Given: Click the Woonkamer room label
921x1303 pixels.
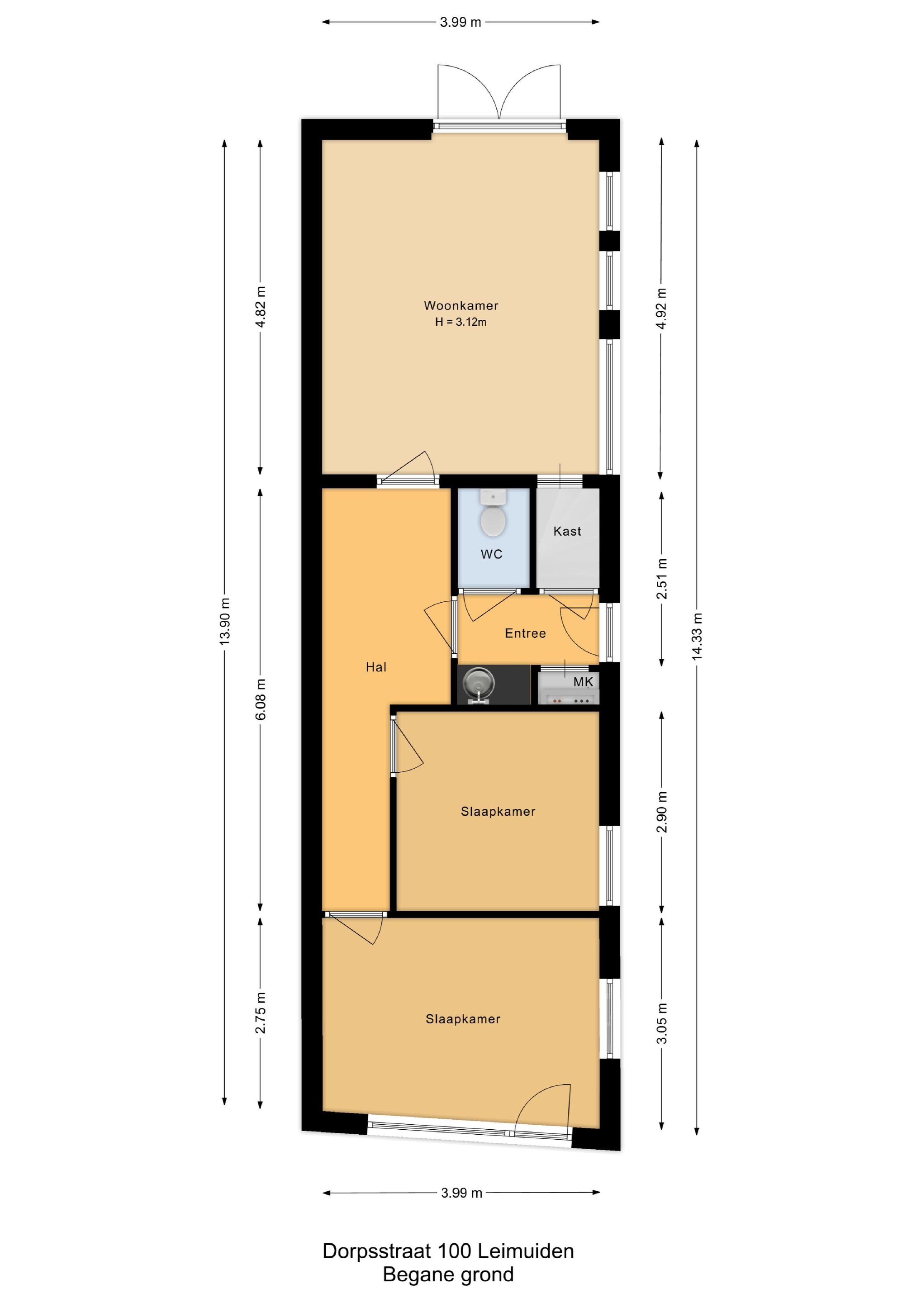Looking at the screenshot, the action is [x=461, y=305].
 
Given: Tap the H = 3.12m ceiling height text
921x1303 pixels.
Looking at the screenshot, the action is [x=461, y=322].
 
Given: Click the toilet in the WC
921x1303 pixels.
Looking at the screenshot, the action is [x=493, y=514].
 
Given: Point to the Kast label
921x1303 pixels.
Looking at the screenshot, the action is [x=567, y=531].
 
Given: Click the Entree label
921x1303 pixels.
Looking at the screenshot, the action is [x=526, y=633].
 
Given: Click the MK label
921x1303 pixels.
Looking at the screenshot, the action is [x=583, y=681].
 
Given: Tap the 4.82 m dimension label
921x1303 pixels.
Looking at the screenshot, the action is [x=261, y=307].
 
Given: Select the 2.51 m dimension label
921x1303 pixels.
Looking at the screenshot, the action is [x=662, y=579].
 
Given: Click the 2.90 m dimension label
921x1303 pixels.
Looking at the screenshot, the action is [x=662, y=812].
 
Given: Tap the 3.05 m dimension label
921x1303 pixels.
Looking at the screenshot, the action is [x=662, y=1023].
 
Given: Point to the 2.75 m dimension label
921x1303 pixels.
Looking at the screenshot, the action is [x=261, y=1013].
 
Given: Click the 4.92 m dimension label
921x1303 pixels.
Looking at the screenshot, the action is [x=662, y=309].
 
